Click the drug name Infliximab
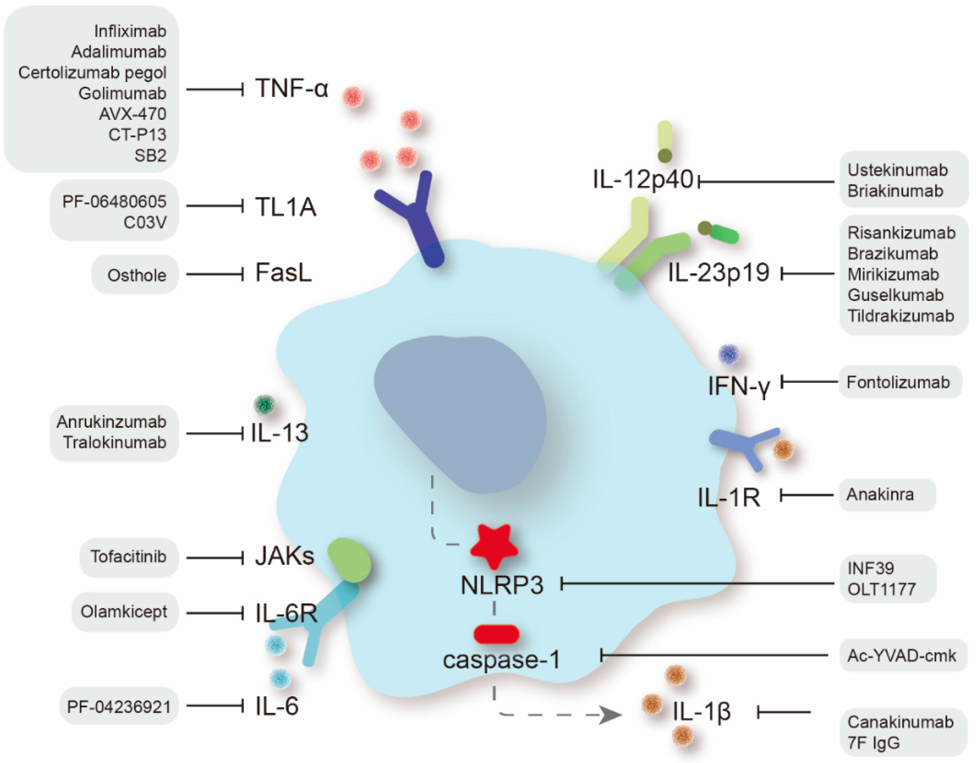130,31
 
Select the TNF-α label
292,88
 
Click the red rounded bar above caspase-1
496,634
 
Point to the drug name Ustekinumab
897,170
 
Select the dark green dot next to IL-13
264,405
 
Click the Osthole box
135,275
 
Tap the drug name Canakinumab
900,722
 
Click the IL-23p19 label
718,272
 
